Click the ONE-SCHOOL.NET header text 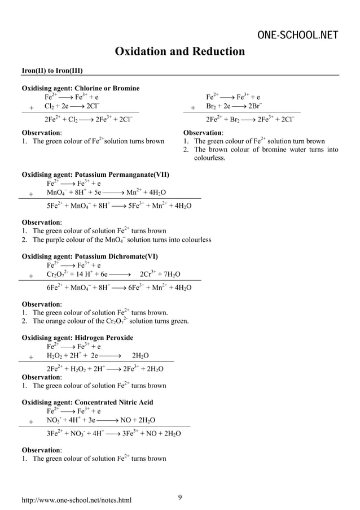[x=297, y=36]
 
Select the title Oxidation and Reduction [x=180, y=52]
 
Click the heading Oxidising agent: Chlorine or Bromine [x=80, y=88]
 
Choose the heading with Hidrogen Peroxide [x=77, y=338]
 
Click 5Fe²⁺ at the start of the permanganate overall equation [x=54, y=206]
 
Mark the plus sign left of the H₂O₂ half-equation [x=31, y=356]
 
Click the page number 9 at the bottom [x=179, y=497]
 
